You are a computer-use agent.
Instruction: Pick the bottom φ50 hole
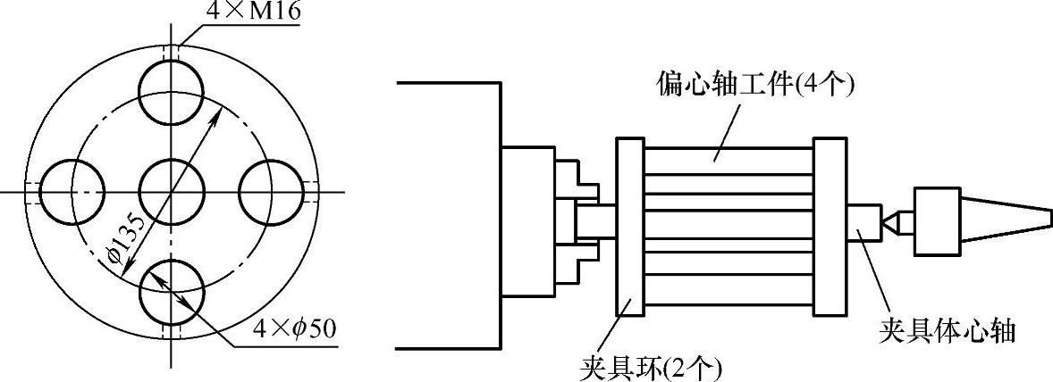coord(172,291)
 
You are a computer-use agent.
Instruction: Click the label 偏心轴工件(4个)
coord(754,86)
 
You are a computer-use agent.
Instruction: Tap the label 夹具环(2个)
coord(650,366)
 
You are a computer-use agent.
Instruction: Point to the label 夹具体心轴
coord(948,331)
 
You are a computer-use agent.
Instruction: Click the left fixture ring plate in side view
coord(630,227)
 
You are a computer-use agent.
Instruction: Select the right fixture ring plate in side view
coord(830,227)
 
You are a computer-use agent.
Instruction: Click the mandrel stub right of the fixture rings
coord(862,222)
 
